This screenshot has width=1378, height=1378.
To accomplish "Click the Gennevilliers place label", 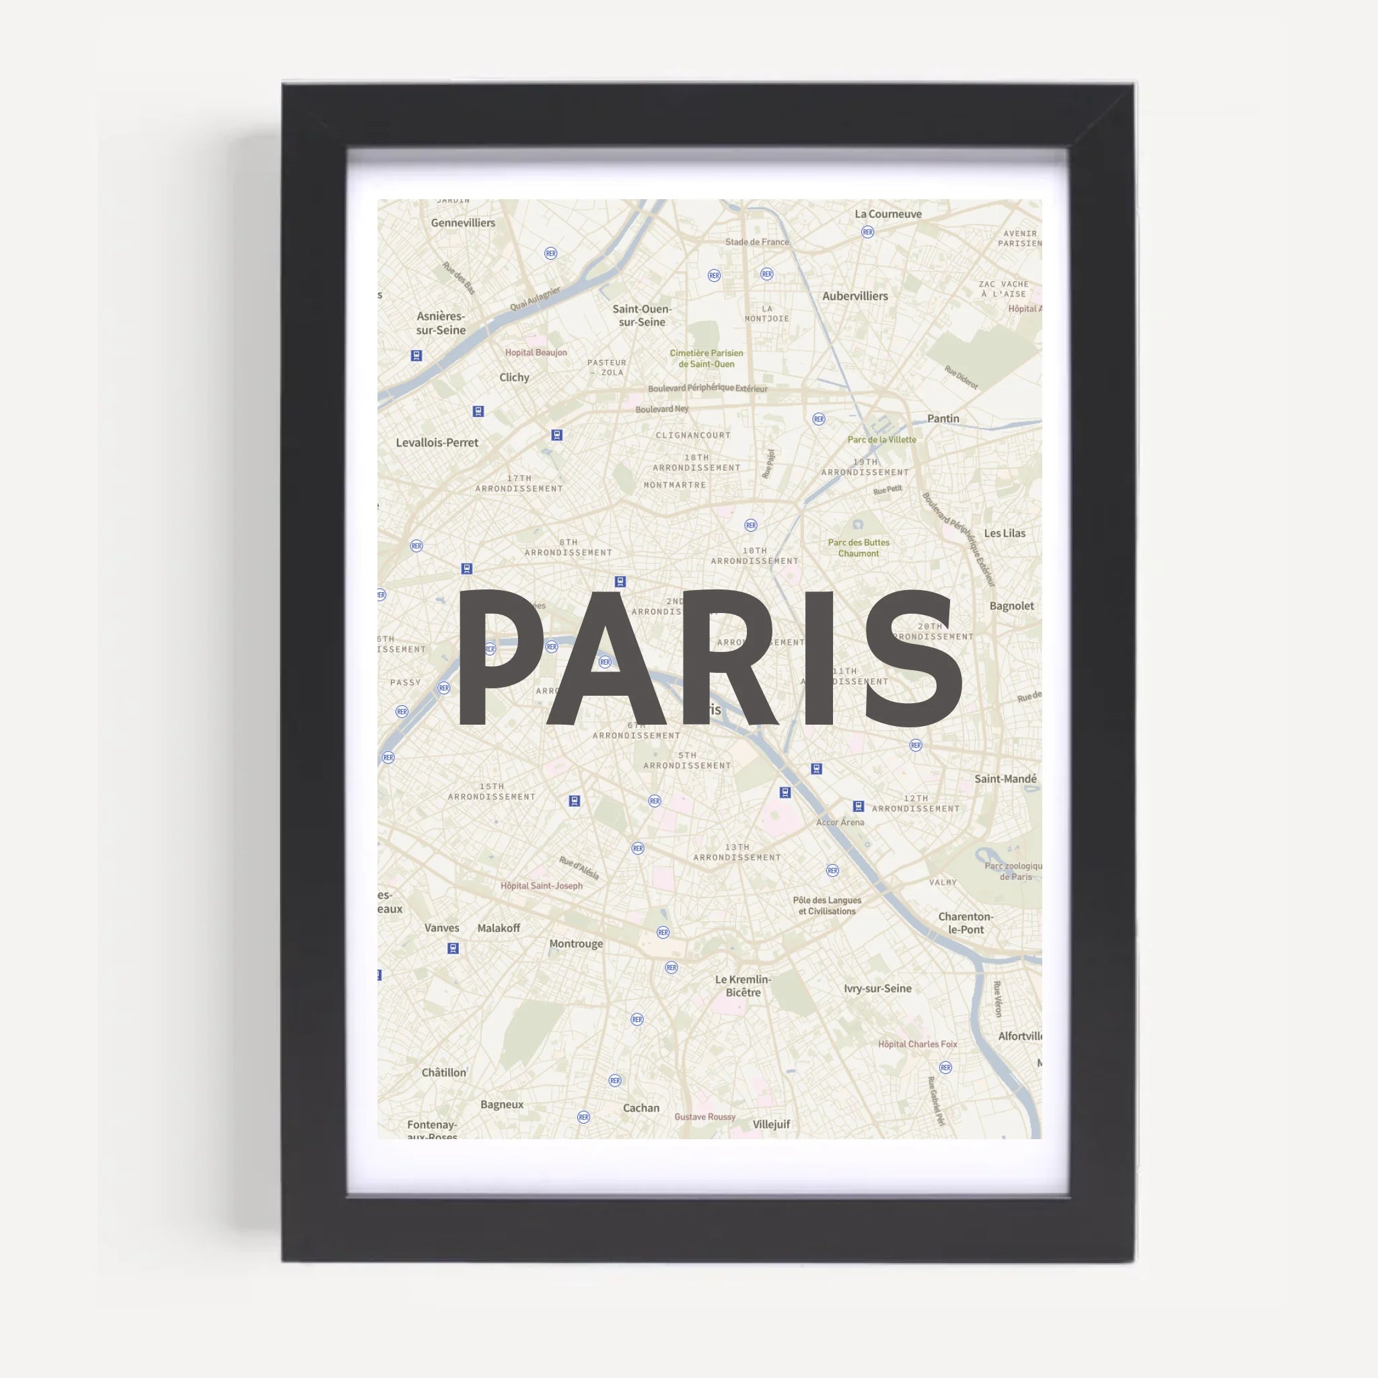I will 462,223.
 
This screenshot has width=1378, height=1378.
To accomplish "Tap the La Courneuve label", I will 888,214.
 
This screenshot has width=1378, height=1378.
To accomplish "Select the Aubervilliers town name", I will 855,296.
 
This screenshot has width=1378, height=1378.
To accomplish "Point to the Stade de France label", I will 757,242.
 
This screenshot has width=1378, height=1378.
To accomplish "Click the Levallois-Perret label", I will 437,442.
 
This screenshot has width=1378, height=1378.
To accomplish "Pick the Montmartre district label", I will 675,485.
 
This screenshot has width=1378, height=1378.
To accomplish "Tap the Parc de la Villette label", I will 881,439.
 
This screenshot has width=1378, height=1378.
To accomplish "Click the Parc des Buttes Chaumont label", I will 858,548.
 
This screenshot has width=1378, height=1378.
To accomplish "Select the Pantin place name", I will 943,419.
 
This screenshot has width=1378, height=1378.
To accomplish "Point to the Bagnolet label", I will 1011,606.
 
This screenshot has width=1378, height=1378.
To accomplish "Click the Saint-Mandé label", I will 1005,779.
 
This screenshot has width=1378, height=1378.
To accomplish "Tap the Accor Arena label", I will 840,822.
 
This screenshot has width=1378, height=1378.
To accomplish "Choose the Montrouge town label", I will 575,943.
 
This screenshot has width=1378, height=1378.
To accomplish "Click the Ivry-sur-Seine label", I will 877,988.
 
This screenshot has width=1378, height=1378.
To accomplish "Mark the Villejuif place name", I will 771,1124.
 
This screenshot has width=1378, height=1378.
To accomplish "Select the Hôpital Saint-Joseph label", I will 542,886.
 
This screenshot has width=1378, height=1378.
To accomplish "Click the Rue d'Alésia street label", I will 579,868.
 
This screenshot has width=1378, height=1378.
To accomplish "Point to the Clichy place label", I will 513,377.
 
